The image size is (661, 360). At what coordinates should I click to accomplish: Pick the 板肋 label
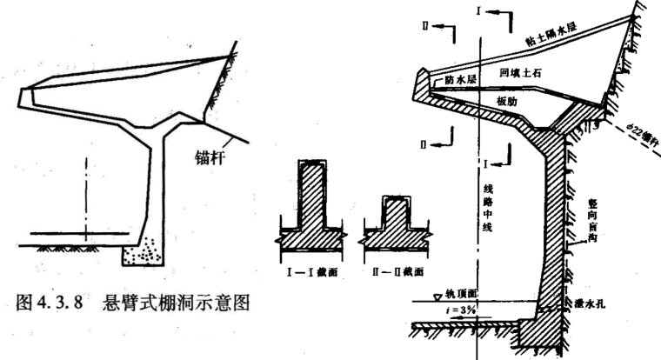tap(507, 100)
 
